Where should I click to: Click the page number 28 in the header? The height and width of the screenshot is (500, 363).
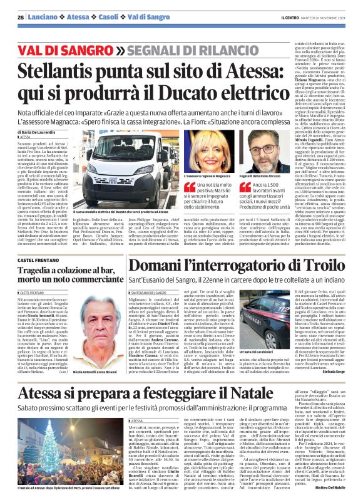pos(21,17)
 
